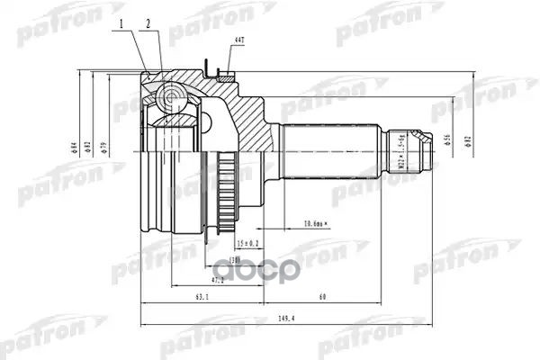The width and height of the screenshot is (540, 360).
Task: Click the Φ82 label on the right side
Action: pyautogui.click(x=467, y=144)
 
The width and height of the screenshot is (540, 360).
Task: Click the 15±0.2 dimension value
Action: pyautogui.click(x=247, y=244)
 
